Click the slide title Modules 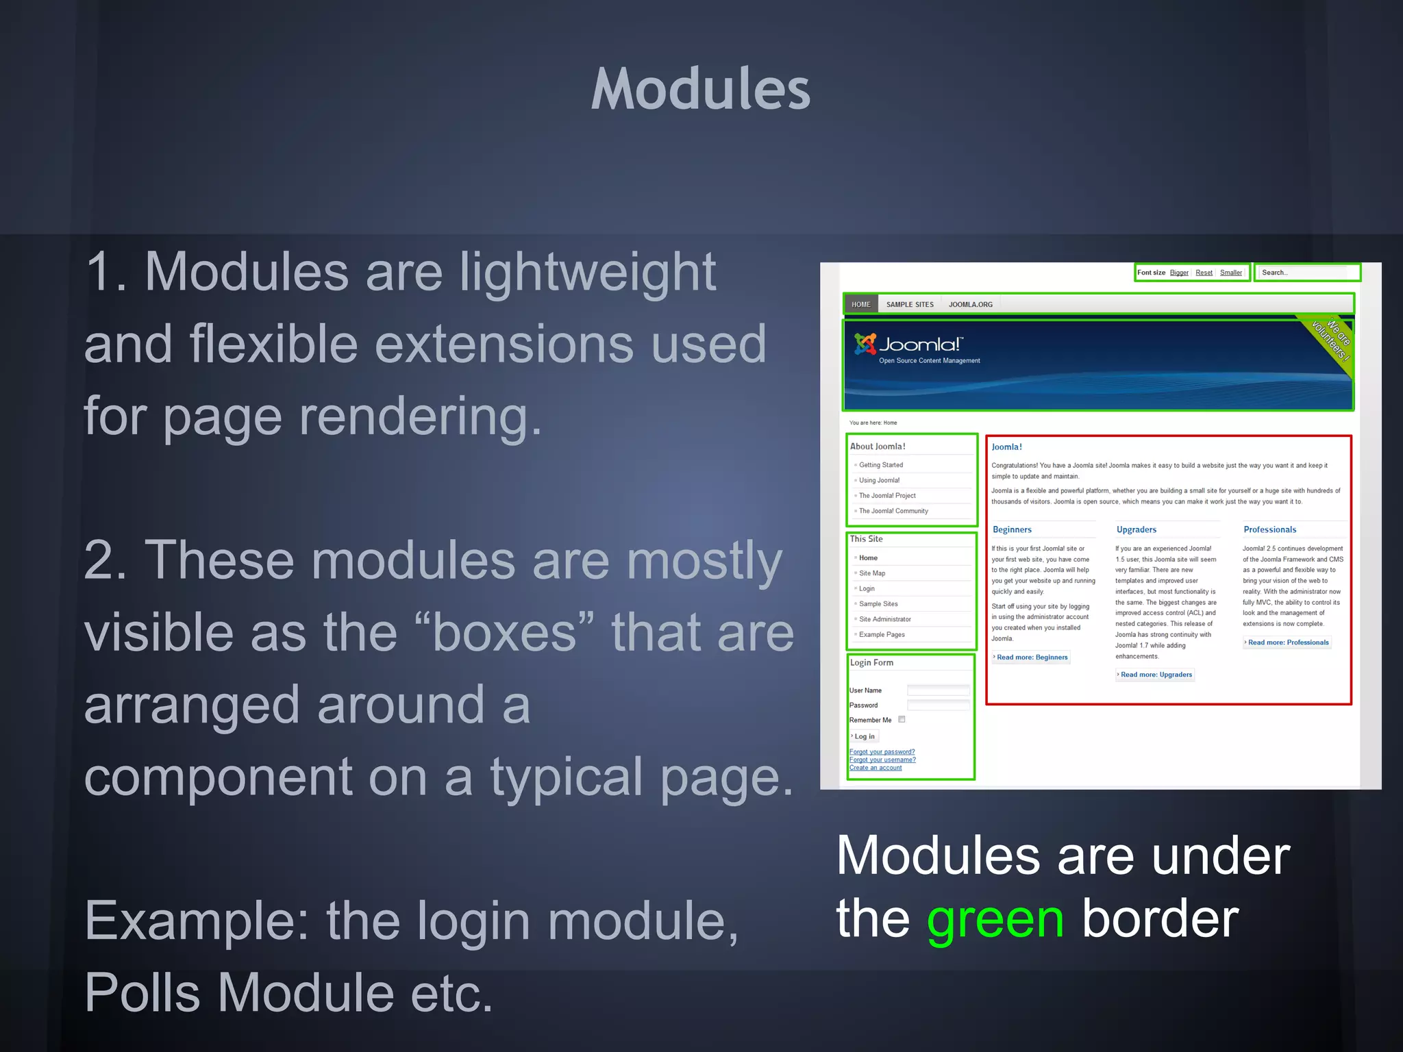pyautogui.click(x=701, y=89)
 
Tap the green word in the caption pyautogui.click(x=995, y=919)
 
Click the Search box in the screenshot pyautogui.click(x=1305, y=273)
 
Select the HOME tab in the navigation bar pyautogui.click(x=861, y=305)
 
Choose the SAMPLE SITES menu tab pyautogui.click(x=910, y=305)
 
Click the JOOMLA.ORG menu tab pyautogui.click(x=970, y=305)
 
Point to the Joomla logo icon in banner pyautogui.click(x=865, y=344)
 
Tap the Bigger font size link pyautogui.click(x=1179, y=273)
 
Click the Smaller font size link pyautogui.click(x=1230, y=273)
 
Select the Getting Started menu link pyautogui.click(x=881, y=465)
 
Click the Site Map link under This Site pyautogui.click(x=872, y=573)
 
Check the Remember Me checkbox pyautogui.click(x=902, y=719)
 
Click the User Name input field pyautogui.click(x=938, y=690)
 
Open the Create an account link pyautogui.click(x=876, y=768)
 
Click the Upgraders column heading pyautogui.click(x=1137, y=529)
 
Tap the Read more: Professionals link pyautogui.click(x=1288, y=642)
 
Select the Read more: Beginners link pyautogui.click(x=1032, y=657)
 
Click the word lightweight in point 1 pyautogui.click(x=587, y=273)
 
